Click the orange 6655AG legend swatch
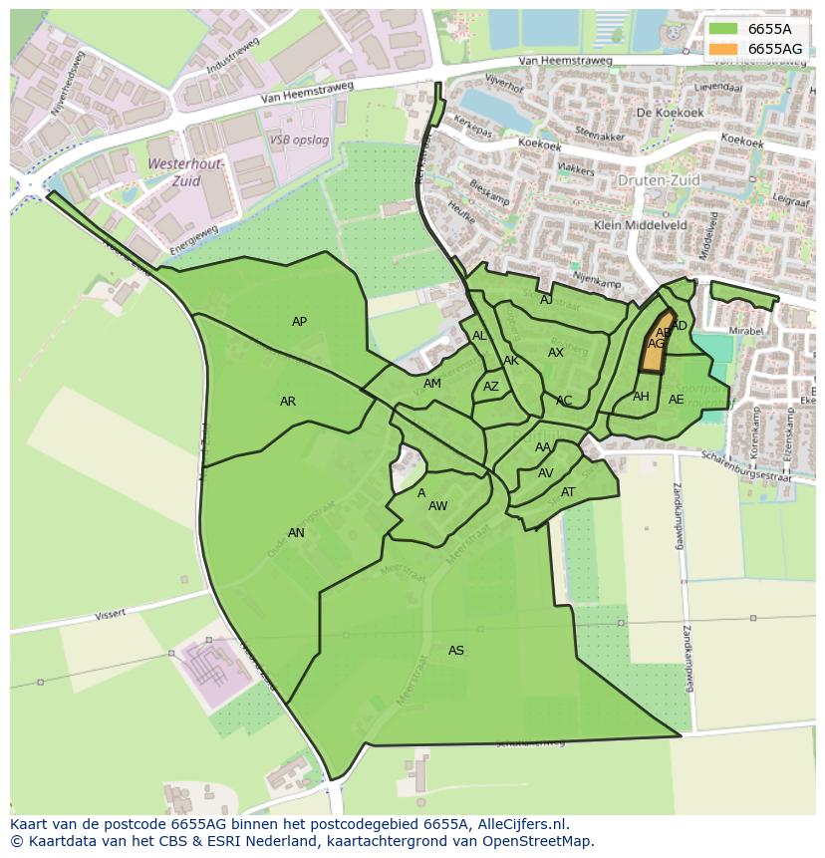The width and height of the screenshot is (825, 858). (725, 49)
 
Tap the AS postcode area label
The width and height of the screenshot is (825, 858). (456, 651)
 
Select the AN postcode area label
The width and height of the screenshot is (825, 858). (296, 532)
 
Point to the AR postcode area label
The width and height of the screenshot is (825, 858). (288, 402)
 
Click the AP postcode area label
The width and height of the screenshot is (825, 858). (299, 321)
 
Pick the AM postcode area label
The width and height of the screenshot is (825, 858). (431, 384)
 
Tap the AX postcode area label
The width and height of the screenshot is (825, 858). (556, 353)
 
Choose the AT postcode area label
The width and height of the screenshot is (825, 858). (568, 491)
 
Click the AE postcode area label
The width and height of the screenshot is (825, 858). (677, 400)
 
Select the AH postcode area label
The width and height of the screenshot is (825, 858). (641, 397)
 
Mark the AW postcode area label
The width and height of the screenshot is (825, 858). (437, 506)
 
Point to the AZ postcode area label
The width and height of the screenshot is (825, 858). (491, 387)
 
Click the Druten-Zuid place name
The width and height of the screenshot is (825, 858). (659, 180)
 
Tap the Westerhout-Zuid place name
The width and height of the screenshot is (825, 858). (187, 172)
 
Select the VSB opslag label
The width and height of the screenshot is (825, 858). (299, 141)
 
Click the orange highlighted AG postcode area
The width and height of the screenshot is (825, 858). (653, 349)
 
